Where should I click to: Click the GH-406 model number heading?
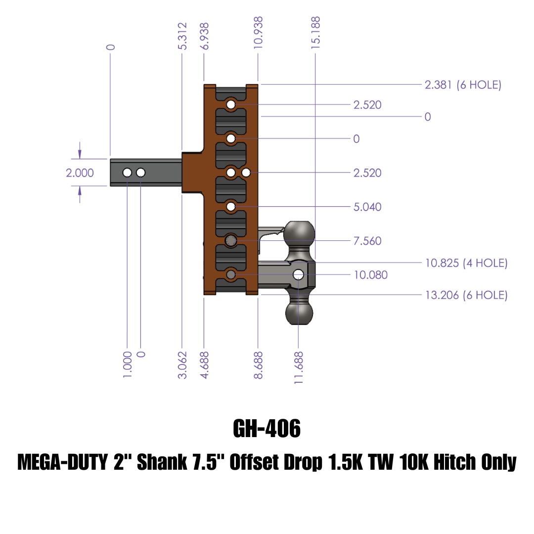tap(267, 428)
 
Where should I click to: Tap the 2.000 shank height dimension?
tap(80, 173)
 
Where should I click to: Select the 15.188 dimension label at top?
tap(315, 33)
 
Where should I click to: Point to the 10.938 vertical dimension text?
tap(258, 33)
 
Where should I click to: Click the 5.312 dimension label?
tap(182, 36)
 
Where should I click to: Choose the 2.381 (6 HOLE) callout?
tap(463, 85)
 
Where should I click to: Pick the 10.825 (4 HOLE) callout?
tap(466, 263)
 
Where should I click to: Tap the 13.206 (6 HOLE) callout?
tap(466, 295)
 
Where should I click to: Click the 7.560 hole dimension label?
tap(367, 241)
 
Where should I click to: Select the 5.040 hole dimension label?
tap(367, 207)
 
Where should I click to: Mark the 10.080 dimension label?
tap(370, 275)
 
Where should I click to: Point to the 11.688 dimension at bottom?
tap(298, 368)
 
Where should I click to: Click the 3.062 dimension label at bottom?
tap(182, 365)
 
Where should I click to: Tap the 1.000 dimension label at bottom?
tap(127, 365)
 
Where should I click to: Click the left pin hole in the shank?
tap(127, 173)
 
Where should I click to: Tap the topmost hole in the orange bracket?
tap(231, 104)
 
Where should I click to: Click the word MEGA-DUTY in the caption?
tap(62, 462)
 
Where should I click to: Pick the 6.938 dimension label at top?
tap(204, 36)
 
